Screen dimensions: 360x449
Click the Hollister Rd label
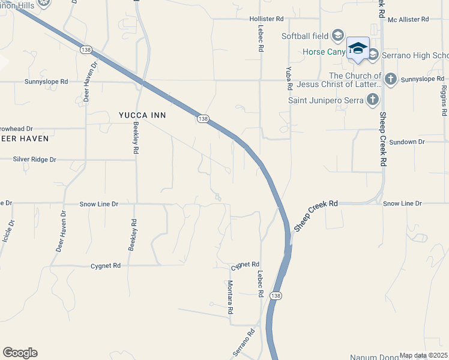point(267,19)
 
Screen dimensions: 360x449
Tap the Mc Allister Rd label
point(408,19)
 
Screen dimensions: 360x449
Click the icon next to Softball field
point(337,35)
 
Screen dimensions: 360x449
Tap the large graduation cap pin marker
point(358,49)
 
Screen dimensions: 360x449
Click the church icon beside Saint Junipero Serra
point(373,100)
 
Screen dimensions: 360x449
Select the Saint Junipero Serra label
point(325,100)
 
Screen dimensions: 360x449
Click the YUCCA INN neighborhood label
point(142,115)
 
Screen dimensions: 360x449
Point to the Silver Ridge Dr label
point(34,160)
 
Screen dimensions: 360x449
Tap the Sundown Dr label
point(406,142)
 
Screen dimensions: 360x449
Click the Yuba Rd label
point(289,78)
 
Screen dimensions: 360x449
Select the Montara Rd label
point(229,298)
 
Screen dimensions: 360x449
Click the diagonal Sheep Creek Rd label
point(316,216)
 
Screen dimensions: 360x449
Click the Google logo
point(20,353)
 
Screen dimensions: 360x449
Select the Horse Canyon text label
point(324,52)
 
